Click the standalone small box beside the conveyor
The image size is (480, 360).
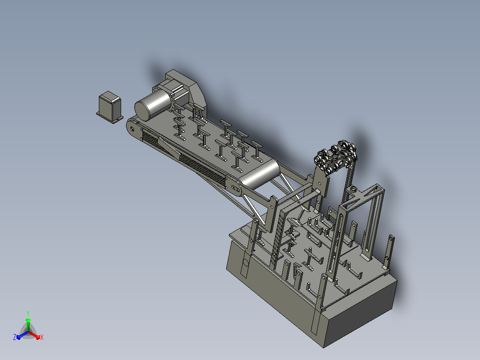pyautogui.click(x=110, y=107)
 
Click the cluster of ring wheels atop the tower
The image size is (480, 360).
pyautogui.click(x=336, y=158)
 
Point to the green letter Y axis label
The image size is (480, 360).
pyautogui.click(x=28, y=313)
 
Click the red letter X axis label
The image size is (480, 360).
pyautogui.click(x=42, y=337)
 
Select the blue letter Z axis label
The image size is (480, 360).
pyautogui.click(x=14, y=337)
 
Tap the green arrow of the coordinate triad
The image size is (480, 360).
pyautogui.click(x=28, y=325)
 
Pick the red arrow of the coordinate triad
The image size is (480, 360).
pyautogui.click(x=34, y=335)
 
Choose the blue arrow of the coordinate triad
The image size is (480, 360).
pyautogui.click(x=22, y=335)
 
